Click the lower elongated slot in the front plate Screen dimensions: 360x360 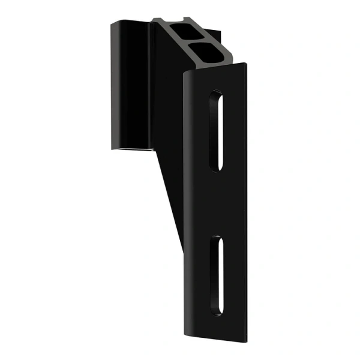pos(215,275)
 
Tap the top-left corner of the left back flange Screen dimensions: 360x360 pos(112,23)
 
